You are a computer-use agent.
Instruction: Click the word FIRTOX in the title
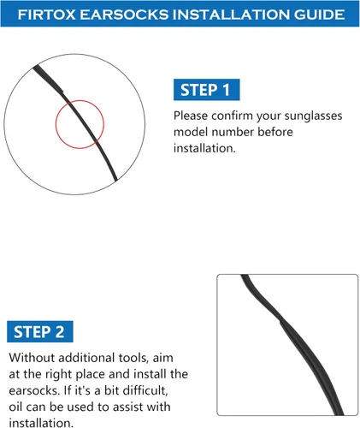click(46, 15)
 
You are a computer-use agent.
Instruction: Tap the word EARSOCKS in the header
click(124, 15)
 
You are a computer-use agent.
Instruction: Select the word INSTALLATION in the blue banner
click(232, 15)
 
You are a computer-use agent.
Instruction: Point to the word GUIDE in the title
click(319, 15)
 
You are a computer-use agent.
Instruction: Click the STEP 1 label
click(206, 90)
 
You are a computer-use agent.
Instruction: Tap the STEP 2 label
click(40, 331)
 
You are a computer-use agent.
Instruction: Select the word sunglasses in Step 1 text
click(313, 116)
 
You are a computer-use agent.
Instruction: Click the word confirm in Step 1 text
click(232, 116)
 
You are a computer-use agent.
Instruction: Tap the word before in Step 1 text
click(275, 132)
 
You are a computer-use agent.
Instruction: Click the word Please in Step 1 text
click(191, 116)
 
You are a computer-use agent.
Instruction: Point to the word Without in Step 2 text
click(32, 358)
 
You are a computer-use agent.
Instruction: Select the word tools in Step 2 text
click(133, 358)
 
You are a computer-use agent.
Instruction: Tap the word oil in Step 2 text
click(15, 407)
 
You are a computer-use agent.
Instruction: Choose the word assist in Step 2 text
click(127, 407)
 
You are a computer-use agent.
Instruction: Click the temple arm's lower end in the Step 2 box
click(339, 414)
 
